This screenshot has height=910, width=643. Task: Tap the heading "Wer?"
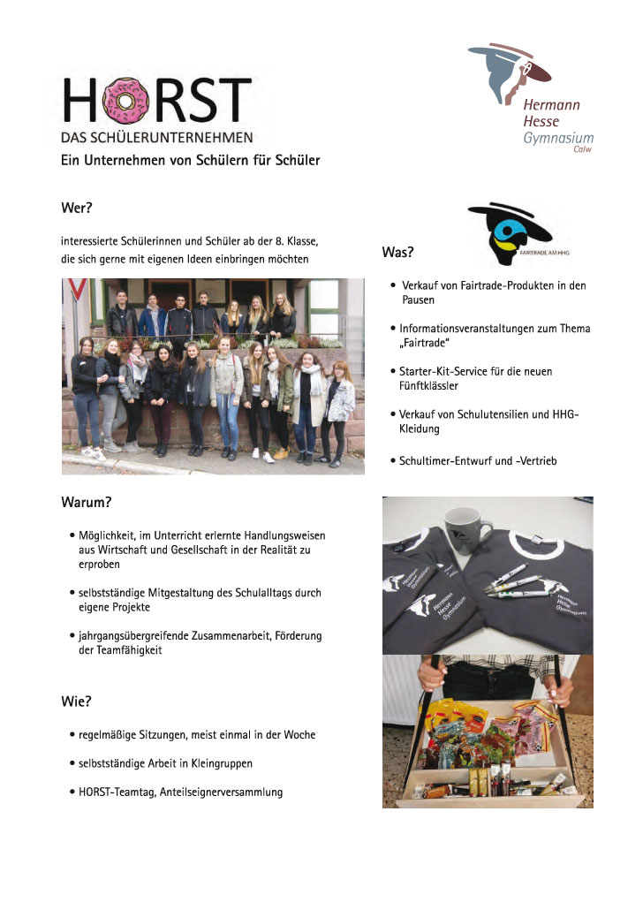tap(77, 209)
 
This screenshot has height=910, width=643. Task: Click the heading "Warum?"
tap(86, 503)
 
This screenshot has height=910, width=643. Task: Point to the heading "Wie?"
tap(76, 701)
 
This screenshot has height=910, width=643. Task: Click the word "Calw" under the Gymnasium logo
tap(582, 149)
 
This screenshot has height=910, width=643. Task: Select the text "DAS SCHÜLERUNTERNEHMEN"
tap(156, 137)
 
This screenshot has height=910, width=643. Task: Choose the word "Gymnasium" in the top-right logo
tap(558, 138)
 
